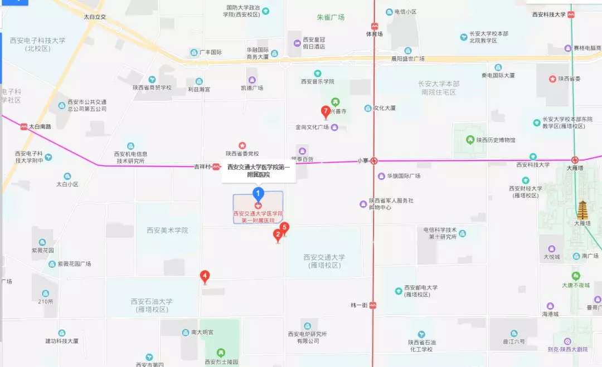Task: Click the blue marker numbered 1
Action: click(258, 194)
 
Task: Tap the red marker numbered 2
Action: click(278, 235)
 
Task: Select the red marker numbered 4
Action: click(205, 276)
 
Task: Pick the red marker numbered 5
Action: click(284, 228)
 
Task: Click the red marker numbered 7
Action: click(326, 111)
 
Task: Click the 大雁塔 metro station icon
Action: click(575, 160)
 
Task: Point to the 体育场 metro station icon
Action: click(375, 26)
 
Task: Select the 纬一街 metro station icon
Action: click(372, 305)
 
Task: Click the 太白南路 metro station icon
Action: click(24, 126)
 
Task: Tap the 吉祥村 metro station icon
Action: click(216, 166)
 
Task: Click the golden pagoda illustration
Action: click(583, 210)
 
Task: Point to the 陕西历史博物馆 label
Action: click(496, 140)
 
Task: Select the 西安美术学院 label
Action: click(167, 230)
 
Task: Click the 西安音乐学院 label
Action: click(317, 81)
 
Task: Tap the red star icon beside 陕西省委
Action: click(552, 79)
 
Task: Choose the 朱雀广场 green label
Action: click(331, 17)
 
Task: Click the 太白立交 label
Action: click(95, 17)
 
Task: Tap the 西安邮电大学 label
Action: click(421, 291)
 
